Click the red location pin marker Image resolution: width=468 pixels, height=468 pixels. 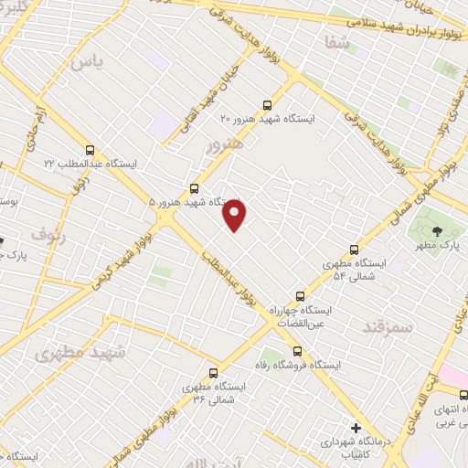point(235,215)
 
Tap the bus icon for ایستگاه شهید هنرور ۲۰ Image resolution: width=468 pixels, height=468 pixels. point(267,104)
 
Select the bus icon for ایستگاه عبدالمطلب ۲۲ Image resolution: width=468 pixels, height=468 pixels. point(90,150)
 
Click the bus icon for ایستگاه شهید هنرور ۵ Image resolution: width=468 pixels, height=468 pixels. point(193,187)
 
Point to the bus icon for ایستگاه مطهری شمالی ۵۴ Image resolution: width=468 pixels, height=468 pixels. point(355,250)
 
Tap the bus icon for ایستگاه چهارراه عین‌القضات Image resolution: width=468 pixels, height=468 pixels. point(300,296)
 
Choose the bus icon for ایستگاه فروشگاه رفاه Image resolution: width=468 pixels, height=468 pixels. point(296,351)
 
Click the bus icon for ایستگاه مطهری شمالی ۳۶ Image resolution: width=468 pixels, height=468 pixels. point(214,373)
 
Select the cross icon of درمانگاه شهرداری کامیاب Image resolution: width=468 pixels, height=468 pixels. point(356,427)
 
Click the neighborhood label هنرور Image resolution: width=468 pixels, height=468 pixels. point(223,144)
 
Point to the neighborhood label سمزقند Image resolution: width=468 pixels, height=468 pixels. point(388,326)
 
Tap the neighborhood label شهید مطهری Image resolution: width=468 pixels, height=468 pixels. point(69,352)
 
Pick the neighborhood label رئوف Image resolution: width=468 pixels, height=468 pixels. point(48,236)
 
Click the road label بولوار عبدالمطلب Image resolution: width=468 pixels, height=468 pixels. point(229,271)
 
